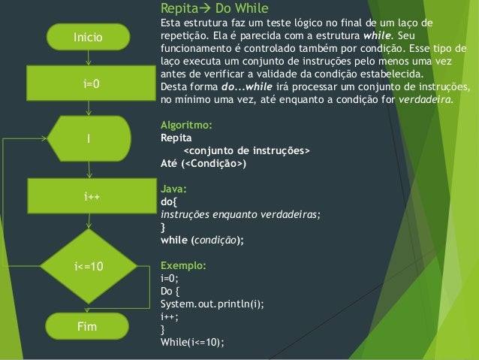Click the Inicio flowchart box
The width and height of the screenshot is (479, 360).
pos(88,35)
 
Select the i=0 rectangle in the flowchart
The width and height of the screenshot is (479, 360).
pos(88,83)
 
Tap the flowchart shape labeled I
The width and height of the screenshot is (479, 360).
pos(88,138)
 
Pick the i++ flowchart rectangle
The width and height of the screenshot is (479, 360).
pos(88,196)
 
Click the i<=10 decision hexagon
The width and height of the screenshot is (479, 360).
pos(88,267)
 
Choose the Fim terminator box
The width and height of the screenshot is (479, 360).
pos(88,328)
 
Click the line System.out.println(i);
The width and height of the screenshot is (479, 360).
pos(206,304)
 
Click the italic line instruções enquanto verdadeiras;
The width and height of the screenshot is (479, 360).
pos(240,214)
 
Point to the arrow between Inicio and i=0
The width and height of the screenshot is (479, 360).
pos(88,57)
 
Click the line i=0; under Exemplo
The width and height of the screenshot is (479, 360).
pos(169,278)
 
